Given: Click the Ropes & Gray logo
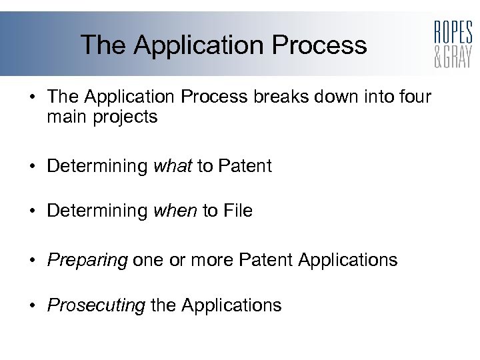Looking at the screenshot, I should click(453, 44).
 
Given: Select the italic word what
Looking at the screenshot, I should click(173, 166).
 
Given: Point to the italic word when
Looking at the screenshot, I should click(175, 211).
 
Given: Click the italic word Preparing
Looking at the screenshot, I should click(87, 260).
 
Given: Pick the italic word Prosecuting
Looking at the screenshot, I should click(96, 306).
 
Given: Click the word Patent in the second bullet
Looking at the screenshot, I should click(243, 166).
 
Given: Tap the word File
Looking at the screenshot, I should click(238, 211).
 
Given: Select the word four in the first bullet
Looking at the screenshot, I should click(414, 97).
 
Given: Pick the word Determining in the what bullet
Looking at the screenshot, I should click(97, 166).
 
